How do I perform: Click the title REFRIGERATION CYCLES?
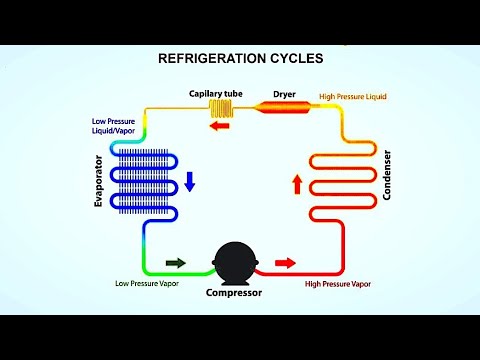(x=241, y=59)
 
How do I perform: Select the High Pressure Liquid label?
(x=352, y=97)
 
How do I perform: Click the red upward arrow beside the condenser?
(x=296, y=183)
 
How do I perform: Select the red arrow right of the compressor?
(x=285, y=263)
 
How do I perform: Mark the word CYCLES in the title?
(x=294, y=59)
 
